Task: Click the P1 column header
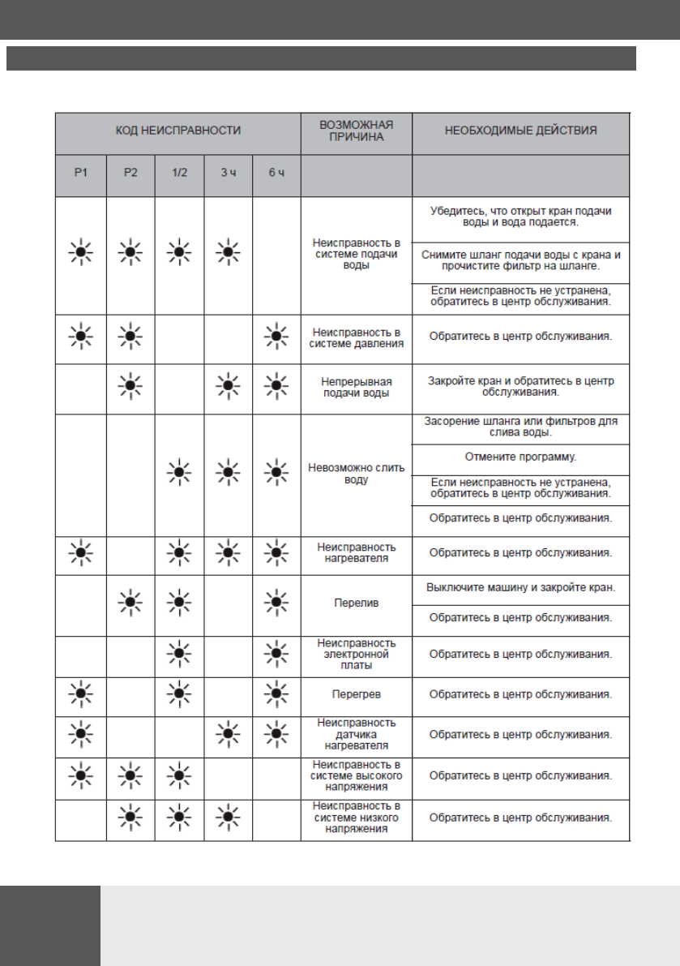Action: [80, 175]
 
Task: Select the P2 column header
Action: [130, 175]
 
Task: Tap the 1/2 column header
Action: [179, 175]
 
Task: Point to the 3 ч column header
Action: [228, 175]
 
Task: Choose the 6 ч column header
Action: [276, 175]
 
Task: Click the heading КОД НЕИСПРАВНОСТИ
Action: [178, 130]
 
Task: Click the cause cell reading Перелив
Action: [357, 603]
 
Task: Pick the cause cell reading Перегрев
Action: [357, 695]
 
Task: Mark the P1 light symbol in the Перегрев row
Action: [80, 695]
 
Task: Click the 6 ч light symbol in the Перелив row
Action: [276, 603]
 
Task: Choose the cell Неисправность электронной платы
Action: [357, 654]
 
